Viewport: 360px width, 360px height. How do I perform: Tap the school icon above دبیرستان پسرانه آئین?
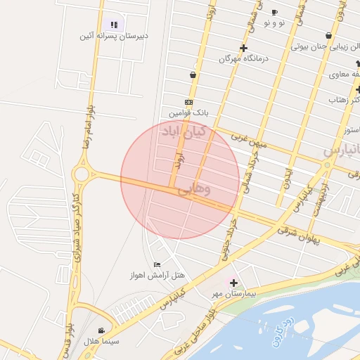(x=114, y=25)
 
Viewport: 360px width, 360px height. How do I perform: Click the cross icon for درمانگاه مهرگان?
(x=243, y=49)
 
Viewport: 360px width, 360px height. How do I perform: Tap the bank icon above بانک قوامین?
(x=188, y=102)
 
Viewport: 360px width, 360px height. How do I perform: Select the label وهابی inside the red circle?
(x=193, y=189)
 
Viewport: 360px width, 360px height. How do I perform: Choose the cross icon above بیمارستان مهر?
(x=233, y=282)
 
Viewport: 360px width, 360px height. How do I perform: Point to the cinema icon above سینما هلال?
(x=103, y=330)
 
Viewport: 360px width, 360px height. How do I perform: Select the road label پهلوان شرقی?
(x=298, y=235)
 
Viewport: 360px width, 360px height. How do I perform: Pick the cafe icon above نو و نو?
(x=274, y=13)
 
